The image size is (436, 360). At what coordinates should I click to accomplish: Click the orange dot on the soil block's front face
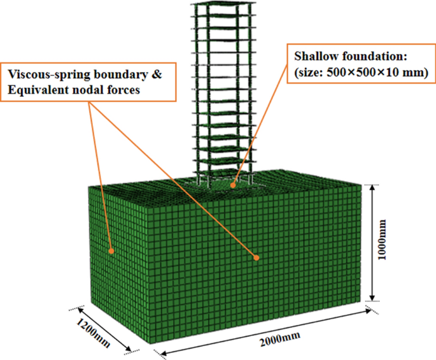click(x=257, y=258)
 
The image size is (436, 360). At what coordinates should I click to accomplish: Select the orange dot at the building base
click(x=234, y=185)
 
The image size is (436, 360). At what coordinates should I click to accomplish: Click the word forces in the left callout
click(x=120, y=89)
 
